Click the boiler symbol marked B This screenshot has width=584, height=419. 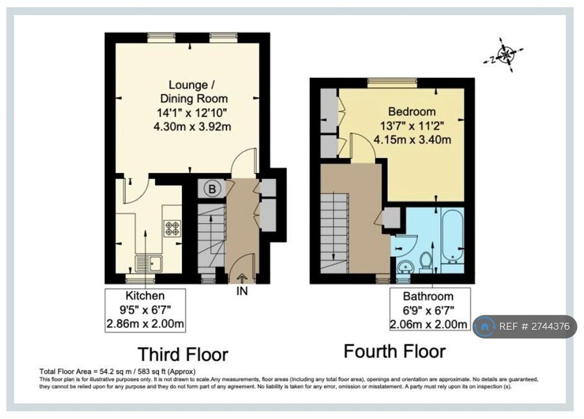tap(212, 189)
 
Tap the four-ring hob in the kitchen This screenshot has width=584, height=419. tap(172, 228)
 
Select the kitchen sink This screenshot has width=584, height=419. tap(149, 264)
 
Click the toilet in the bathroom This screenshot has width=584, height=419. tap(425, 260)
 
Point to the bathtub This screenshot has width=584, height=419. tap(452, 235)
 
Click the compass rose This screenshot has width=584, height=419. tap(504, 55)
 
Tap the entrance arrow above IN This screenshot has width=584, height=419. tap(242, 278)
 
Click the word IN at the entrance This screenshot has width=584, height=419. tap(242, 291)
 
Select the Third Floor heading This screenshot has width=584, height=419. tap(183, 354)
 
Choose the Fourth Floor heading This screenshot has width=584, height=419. tap(395, 351)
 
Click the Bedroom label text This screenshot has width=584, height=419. tap(412, 111)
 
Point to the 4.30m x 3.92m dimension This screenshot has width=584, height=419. tap(192, 126)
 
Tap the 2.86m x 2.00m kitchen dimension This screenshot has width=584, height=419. tap(145, 323)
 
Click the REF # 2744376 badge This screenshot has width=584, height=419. tap(525, 326)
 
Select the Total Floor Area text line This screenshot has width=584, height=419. tap(117, 371)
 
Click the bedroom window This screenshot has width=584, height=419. tap(392, 83)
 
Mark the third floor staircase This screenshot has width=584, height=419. tap(212, 239)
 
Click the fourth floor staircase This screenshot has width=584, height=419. tap(334, 233)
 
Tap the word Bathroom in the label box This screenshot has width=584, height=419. tap(428, 296)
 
